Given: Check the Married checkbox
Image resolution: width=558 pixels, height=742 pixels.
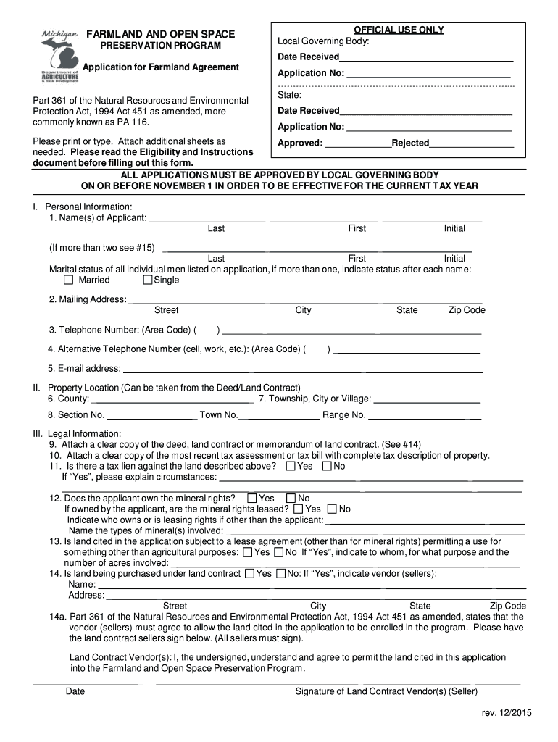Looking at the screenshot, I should pyautogui.click(x=69, y=280).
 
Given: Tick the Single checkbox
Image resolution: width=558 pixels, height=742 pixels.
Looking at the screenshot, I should pyautogui.click(x=148, y=280).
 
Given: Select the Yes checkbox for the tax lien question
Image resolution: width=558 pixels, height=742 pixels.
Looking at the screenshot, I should pyautogui.click(x=291, y=466).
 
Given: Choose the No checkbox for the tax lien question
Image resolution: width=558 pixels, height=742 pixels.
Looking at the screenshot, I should pyautogui.click(x=327, y=466).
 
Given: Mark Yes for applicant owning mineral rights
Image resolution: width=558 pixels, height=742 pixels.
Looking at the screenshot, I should pyautogui.click(x=252, y=498).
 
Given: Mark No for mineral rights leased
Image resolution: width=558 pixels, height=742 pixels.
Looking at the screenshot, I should pyautogui.click(x=333, y=509).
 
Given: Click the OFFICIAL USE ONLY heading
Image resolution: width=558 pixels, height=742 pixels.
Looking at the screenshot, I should pyautogui.click(x=399, y=30).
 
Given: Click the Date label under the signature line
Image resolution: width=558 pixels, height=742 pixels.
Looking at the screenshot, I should pyautogui.click(x=75, y=691).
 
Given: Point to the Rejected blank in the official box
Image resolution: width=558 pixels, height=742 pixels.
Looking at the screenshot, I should pyautogui.click(x=471, y=144).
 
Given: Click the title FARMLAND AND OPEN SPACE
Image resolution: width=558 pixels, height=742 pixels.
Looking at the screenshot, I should pyautogui.click(x=160, y=34).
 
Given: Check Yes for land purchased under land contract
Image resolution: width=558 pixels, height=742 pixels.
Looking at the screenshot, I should pyautogui.click(x=249, y=573).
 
